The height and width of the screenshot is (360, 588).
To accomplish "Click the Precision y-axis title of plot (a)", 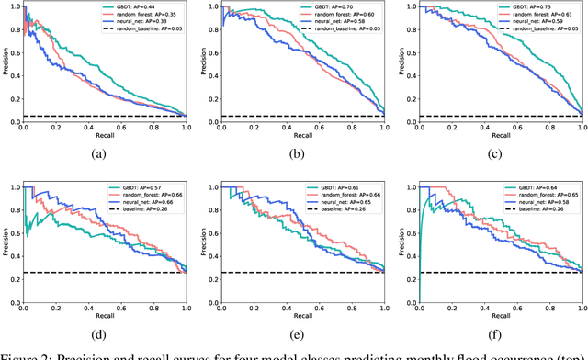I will click(x=6, y=62).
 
